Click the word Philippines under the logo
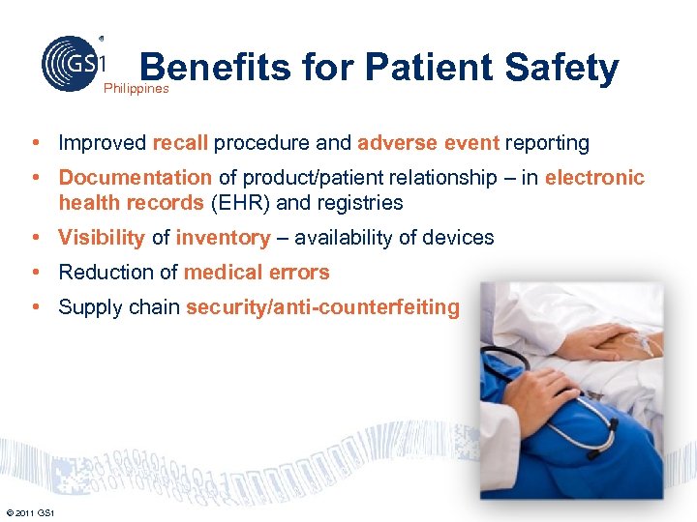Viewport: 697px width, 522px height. point(136,88)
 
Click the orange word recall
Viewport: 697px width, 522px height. point(180,143)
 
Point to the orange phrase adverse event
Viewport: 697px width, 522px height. point(428,143)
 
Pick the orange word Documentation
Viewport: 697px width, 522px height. point(135,178)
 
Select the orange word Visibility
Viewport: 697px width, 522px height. point(102,238)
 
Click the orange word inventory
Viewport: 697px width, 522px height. point(223,238)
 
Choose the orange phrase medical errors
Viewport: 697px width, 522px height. point(257,273)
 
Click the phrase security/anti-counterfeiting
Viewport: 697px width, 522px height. point(322,307)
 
